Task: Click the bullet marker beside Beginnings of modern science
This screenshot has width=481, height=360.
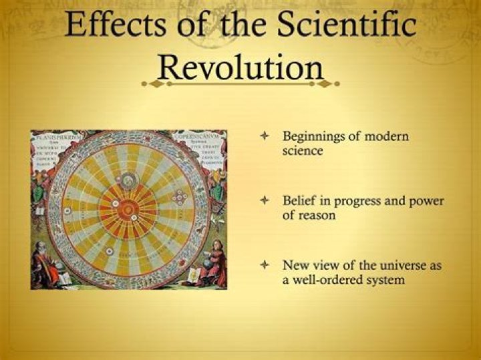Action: [265, 136]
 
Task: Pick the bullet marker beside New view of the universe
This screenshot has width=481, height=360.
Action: [265, 265]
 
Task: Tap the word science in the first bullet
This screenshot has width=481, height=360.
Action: [303, 151]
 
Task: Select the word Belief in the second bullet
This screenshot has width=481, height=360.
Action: [298, 201]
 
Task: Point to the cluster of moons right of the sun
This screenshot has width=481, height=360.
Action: [179, 198]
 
